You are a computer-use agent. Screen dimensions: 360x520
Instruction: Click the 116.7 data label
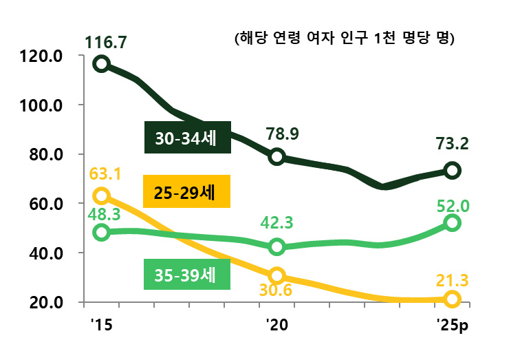click(x=106, y=43)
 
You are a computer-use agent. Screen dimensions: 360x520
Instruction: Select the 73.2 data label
click(x=451, y=144)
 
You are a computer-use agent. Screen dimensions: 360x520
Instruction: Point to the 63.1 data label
click(x=105, y=173)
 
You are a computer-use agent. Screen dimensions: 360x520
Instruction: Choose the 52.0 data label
click(x=452, y=204)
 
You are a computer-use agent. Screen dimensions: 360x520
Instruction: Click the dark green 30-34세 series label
click(x=186, y=138)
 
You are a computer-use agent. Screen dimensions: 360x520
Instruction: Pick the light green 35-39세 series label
click(x=186, y=275)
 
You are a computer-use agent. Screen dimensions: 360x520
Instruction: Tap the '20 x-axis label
click(x=277, y=324)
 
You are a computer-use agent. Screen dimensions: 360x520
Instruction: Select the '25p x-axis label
click(x=452, y=324)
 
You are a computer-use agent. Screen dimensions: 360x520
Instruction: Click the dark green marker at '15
click(x=102, y=64)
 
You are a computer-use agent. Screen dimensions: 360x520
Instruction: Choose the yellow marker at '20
click(x=277, y=275)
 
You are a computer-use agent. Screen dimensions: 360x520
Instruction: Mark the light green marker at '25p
click(x=452, y=222)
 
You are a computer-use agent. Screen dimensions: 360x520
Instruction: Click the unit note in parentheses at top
click(x=345, y=38)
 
